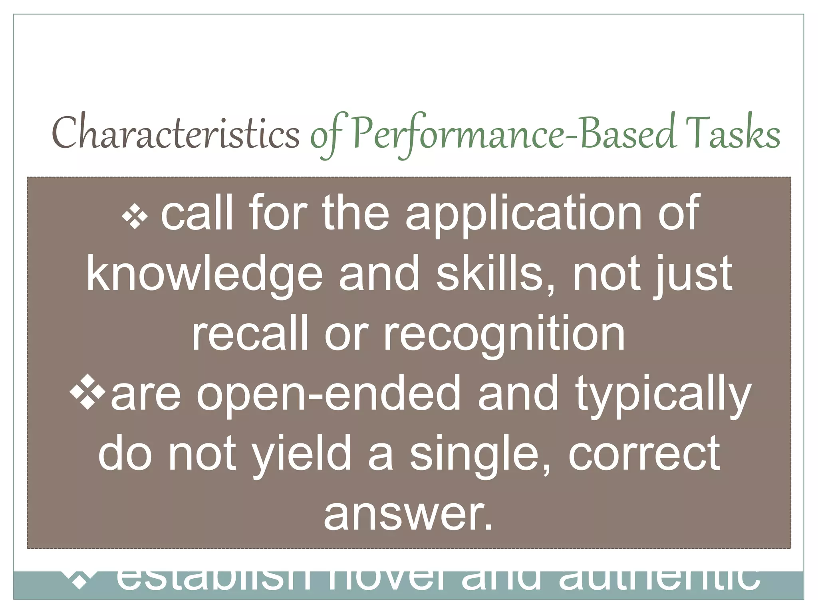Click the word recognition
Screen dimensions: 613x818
504,334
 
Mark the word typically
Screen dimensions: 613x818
663,394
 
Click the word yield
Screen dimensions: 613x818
302,453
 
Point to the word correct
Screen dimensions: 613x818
644,453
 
